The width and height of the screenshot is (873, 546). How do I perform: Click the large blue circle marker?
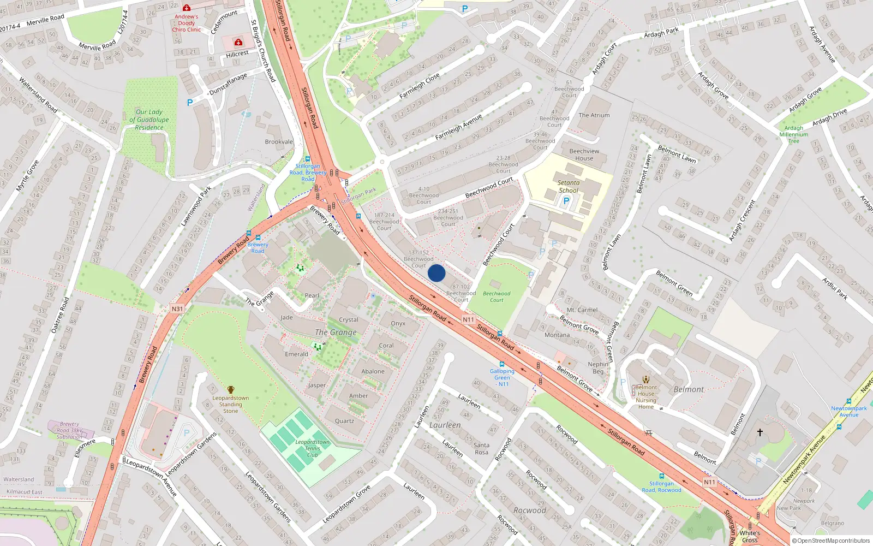tap(436, 273)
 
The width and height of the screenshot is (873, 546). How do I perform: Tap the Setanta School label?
tap(568, 187)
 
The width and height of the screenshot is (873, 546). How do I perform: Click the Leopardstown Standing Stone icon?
tap(231, 390)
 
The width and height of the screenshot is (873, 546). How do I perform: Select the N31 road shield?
tap(177, 308)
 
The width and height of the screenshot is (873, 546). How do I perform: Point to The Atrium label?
tap(594, 115)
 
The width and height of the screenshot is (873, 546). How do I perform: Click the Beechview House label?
tap(584, 155)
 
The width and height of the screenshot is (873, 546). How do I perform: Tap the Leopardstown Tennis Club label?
tap(312, 448)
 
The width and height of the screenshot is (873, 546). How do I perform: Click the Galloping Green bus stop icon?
tap(501, 364)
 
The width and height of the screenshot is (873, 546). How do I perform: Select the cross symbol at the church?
tap(760, 432)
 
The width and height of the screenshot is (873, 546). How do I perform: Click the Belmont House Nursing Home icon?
tap(646, 379)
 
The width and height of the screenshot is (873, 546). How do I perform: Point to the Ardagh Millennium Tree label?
tap(794, 134)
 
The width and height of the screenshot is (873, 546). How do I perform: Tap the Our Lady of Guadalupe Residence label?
tap(149, 120)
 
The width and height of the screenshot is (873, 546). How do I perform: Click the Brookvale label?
tap(279, 142)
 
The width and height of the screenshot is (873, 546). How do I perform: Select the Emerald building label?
tap(296, 354)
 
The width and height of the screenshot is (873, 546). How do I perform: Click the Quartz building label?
tap(344, 421)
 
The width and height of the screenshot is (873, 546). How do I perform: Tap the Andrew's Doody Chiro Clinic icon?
tap(187, 8)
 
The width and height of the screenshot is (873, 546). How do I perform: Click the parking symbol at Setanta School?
tap(566, 201)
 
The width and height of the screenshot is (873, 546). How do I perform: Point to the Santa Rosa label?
tap(481, 448)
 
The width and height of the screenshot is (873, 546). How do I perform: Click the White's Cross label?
tap(750, 536)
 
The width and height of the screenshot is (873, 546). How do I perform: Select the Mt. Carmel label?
tap(582, 310)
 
